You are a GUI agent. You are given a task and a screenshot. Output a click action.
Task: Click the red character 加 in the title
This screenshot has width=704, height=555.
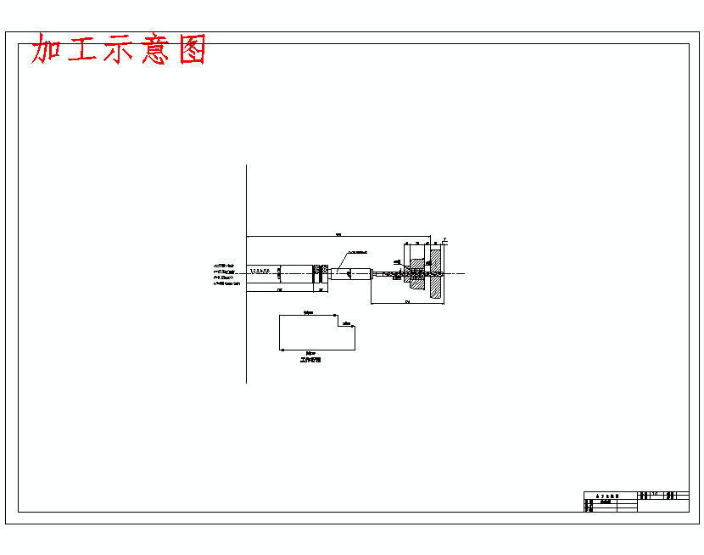click(x=50, y=49)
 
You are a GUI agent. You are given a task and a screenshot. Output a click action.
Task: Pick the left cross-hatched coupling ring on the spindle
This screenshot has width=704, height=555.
click(x=316, y=272)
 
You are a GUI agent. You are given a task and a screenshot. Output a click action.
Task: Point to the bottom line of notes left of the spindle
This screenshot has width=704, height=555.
click(x=226, y=283)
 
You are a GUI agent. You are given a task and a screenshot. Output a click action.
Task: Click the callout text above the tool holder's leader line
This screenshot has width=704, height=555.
click(x=356, y=252)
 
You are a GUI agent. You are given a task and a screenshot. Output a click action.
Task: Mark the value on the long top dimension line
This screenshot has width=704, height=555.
click(x=338, y=233)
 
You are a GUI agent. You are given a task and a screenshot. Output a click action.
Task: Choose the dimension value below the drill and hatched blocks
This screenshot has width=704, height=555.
click(x=407, y=301)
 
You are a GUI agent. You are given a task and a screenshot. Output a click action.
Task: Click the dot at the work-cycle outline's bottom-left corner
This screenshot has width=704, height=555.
click(x=280, y=350)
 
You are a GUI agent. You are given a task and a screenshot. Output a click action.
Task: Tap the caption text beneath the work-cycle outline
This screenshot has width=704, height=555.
click(x=311, y=360)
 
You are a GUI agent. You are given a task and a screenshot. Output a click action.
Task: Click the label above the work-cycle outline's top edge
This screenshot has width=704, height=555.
click(x=309, y=313)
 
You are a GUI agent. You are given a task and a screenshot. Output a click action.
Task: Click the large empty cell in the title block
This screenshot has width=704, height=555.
click(x=662, y=506)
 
